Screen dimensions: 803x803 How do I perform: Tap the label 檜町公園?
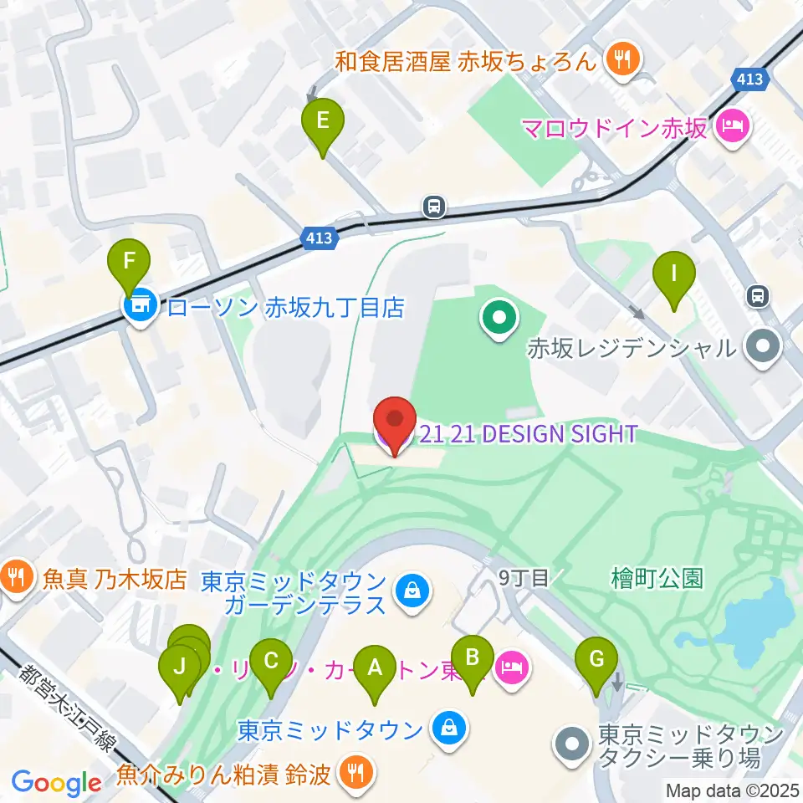656,578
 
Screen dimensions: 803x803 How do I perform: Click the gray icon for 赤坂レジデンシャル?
763,347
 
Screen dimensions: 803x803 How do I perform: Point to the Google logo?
57,784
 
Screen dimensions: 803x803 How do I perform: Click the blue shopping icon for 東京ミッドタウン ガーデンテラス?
414,592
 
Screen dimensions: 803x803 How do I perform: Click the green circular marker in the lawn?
499,319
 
